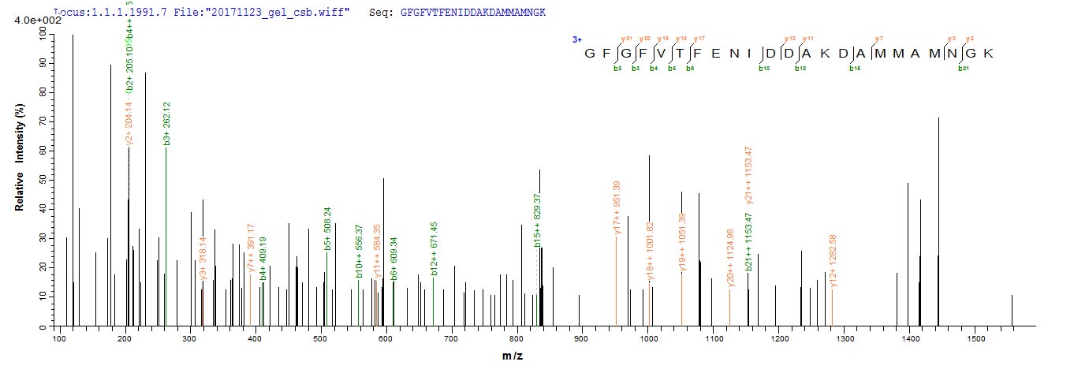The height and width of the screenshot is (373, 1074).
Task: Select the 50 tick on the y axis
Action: tap(49, 180)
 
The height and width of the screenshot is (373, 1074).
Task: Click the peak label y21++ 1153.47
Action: tap(748, 173)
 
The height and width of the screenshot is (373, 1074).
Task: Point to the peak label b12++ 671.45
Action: tap(434, 248)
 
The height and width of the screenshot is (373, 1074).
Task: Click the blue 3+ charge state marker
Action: tap(577, 39)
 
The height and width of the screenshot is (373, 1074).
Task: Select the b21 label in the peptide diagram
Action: tap(963, 69)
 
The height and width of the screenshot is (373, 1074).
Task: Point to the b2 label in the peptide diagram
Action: tap(618, 69)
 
